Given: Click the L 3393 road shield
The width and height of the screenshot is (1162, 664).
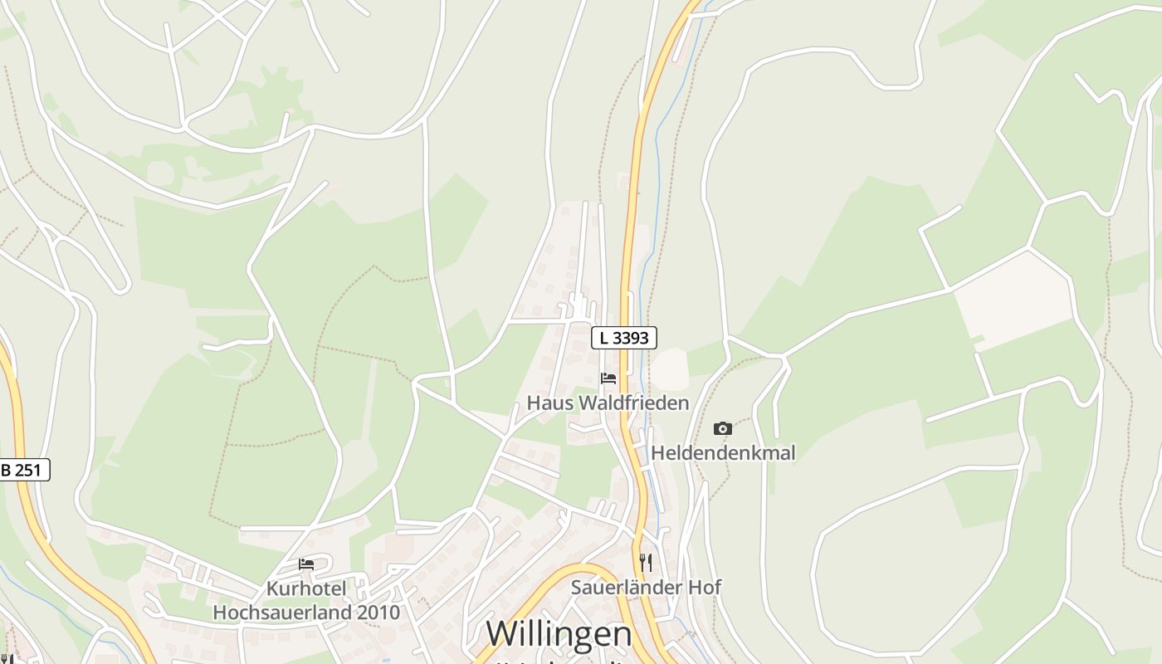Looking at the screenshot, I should tap(624, 338).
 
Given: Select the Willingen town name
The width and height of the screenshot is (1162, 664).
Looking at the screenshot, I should tap(559, 634).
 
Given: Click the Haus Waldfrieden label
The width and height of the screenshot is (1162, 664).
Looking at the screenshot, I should tap(608, 403).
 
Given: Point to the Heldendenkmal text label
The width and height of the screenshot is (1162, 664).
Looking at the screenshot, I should tap(723, 453).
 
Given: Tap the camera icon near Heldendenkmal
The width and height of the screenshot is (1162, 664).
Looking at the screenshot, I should tap(723, 429).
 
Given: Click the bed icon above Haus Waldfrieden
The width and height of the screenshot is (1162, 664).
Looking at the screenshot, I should tap(608, 379).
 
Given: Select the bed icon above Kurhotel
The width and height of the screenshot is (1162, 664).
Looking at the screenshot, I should tap(306, 564).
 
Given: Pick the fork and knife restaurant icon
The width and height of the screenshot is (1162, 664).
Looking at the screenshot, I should tap(646, 563).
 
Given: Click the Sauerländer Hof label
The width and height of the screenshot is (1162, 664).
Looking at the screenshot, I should tap(646, 588).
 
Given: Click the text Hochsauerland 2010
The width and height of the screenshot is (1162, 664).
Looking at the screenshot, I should tap(306, 613).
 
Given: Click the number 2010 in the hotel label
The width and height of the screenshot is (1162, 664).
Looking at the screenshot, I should tap(378, 613).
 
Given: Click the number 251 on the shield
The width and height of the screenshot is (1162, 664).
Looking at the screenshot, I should tap(28, 470).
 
